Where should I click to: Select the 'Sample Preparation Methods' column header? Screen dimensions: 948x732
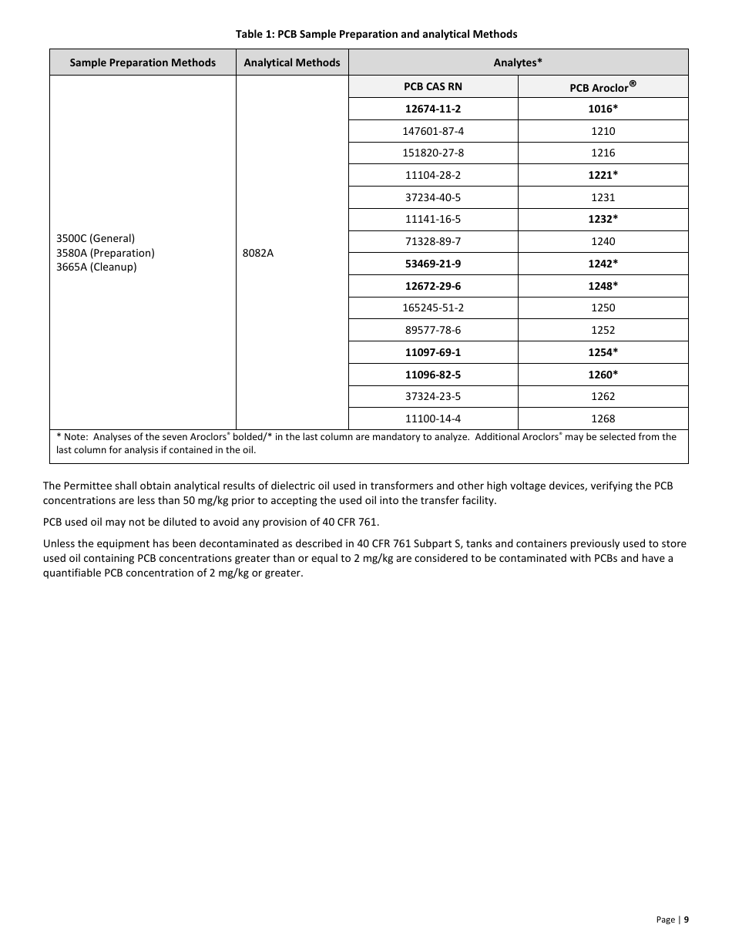coord(143,62)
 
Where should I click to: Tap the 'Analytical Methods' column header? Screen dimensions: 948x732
coord(291,62)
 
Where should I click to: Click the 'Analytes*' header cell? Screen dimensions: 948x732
coord(518,62)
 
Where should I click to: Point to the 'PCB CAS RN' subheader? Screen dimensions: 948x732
coord(433,87)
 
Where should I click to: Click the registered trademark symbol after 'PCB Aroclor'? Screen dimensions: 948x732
coord(633,84)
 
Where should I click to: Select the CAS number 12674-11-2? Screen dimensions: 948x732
coord(433,109)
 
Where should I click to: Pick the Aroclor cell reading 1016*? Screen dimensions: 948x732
coord(603,109)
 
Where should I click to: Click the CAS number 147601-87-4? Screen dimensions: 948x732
coord(433,131)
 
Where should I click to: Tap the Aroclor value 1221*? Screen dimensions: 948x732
coord(603,175)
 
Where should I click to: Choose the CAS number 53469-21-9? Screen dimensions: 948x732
coord(433,264)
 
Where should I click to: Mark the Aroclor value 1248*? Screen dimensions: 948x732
coord(603,286)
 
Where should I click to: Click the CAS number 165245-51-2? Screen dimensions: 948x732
coord(433,308)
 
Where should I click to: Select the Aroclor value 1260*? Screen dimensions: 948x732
coord(603,375)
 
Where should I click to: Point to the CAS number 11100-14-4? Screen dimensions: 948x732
coord(433,419)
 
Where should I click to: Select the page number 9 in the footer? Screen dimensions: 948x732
coord(686,919)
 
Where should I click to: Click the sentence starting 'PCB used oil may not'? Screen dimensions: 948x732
coord(211,522)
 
